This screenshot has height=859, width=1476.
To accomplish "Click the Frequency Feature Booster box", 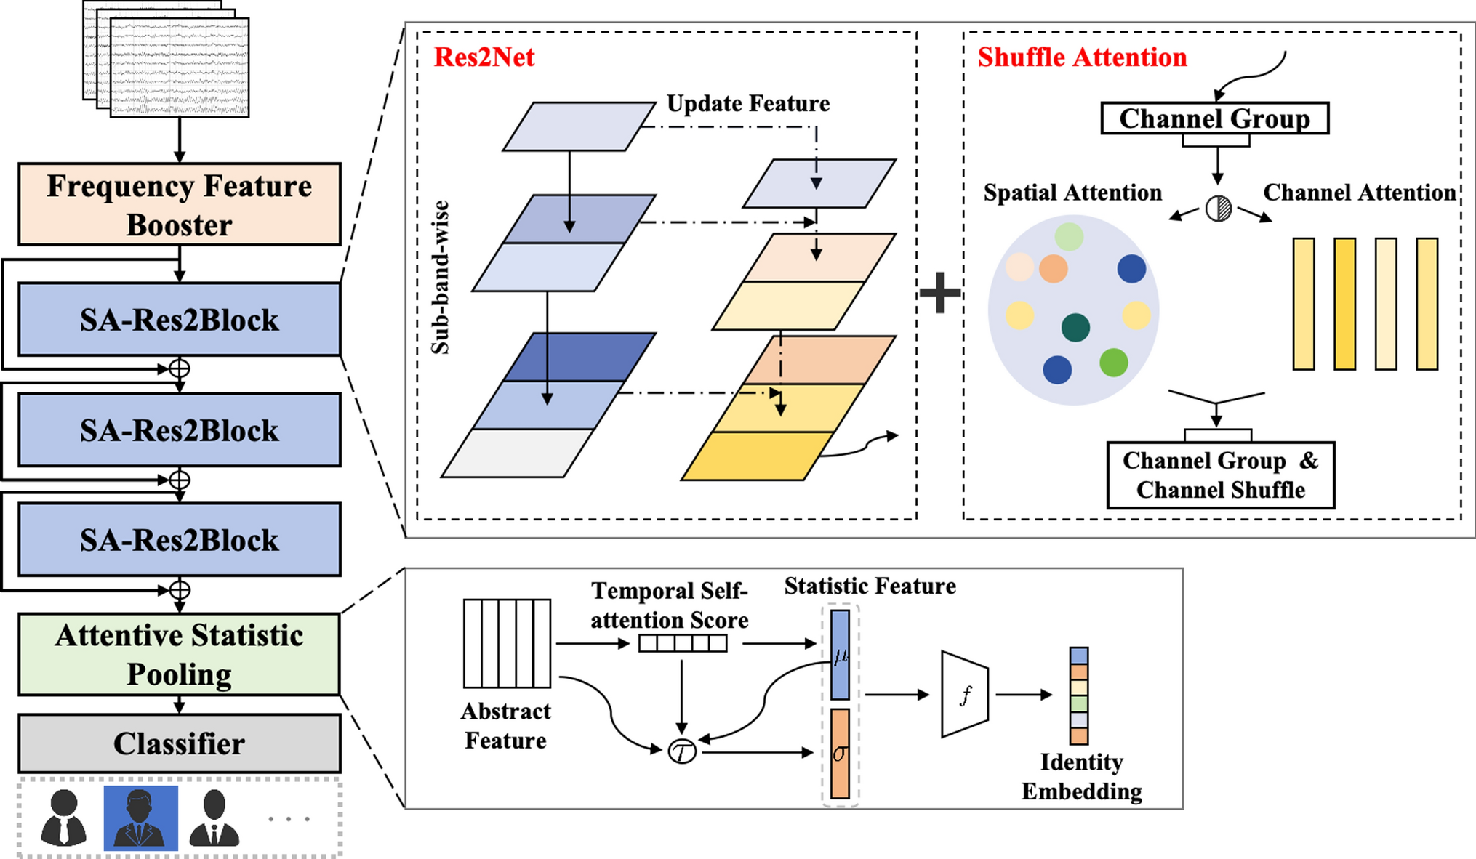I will [179, 204].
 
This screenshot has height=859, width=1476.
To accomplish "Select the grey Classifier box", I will [179, 743].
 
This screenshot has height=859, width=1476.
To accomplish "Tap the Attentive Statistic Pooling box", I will [179, 654].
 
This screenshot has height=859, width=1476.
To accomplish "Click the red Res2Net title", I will [484, 57].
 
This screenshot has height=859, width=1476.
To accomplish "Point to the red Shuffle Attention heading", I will [1082, 57].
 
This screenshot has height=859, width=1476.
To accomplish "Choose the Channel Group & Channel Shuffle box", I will [1220, 475].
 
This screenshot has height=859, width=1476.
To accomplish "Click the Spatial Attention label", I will [1072, 193].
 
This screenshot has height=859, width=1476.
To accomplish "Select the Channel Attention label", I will [1359, 193].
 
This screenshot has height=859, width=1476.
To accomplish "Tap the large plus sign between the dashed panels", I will [940, 293].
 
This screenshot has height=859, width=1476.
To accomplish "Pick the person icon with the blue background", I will [140, 818].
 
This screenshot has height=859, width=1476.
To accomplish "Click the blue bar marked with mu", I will [840, 654].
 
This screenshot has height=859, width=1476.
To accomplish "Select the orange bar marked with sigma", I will [840, 754].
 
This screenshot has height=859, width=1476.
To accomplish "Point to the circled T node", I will [682, 751].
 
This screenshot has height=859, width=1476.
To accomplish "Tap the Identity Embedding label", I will [1081, 776].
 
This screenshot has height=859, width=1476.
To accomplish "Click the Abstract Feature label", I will [506, 725].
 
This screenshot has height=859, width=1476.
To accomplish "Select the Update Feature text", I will [748, 104].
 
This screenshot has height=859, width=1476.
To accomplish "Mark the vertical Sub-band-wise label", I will [441, 278].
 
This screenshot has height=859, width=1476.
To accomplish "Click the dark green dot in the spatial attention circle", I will [1075, 327].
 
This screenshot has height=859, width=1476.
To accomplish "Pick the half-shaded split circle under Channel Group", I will [1219, 209].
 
